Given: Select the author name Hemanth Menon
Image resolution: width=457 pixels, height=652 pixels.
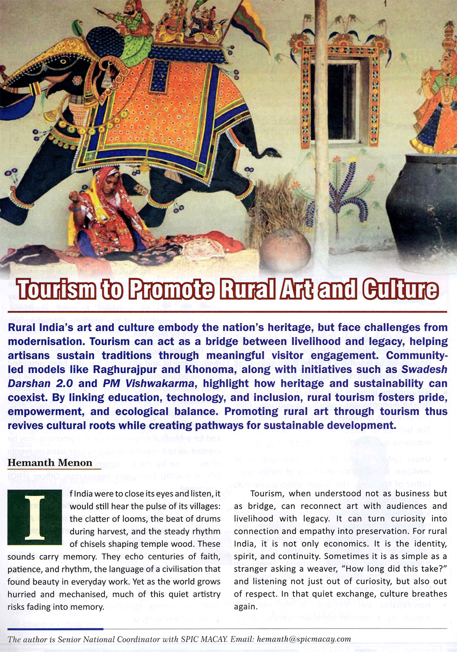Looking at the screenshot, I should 50,463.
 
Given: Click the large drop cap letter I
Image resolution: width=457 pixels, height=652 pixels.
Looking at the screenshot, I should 34,517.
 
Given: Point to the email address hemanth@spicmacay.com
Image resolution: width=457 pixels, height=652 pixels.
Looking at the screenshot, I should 304,639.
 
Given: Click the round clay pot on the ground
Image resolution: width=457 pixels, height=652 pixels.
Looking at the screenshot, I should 285,250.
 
